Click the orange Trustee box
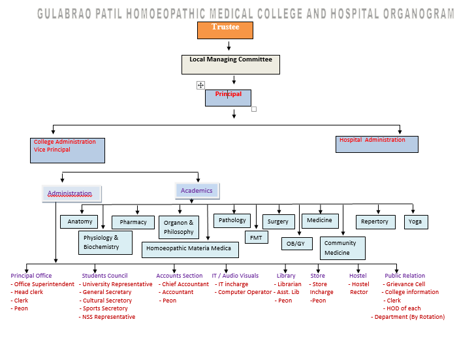point(225,30)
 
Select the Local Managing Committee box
point(230,63)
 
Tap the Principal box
point(228,97)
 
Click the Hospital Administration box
point(377,144)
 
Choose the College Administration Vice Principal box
point(67,150)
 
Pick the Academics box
point(197,191)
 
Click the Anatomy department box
point(80,221)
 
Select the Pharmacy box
point(133,222)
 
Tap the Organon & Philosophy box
point(178,227)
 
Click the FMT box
point(256,238)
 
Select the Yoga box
point(415,221)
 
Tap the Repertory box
point(375,221)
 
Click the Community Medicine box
point(341,248)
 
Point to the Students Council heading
point(104,276)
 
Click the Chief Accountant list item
point(185,284)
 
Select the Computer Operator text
point(245,292)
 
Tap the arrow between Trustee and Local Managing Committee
point(229,46)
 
